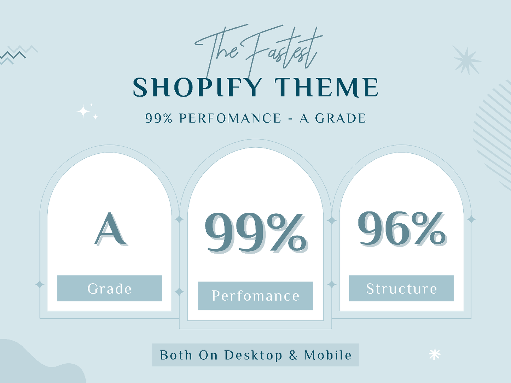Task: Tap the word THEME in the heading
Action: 326,87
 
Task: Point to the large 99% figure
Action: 255,232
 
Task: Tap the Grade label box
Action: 109,288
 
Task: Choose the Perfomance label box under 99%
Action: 255,296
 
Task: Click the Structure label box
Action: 401,288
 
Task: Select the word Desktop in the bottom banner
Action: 253,355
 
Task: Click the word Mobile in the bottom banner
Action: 328,355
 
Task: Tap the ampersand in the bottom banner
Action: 293,355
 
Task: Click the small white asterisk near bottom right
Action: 434,354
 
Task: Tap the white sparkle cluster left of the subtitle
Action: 86,112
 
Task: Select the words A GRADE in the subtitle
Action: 333,118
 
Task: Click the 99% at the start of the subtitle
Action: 159,118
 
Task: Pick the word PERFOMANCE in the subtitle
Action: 230,118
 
